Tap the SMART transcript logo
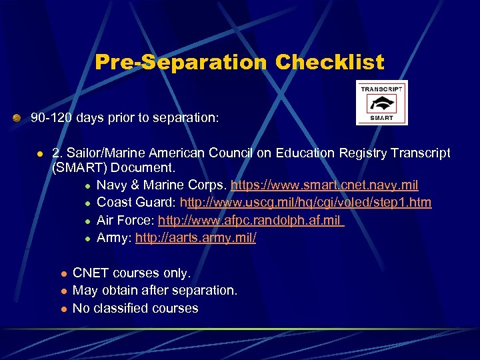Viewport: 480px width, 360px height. (382, 103)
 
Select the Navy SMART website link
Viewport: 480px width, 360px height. (324, 185)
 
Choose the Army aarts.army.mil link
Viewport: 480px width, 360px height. (195, 237)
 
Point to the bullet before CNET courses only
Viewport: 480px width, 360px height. (63, 273)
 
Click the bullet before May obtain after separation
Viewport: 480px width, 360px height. (63, 291)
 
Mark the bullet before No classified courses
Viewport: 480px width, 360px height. (63, 309)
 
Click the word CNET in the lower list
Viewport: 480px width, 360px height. (90, 273)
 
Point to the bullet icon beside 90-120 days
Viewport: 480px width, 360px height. (17, 118)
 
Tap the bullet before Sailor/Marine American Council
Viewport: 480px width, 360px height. (40, 153)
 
